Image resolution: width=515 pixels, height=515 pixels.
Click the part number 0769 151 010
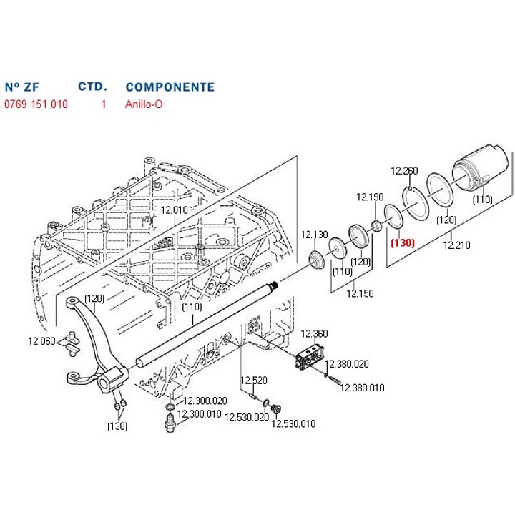pos(36,104)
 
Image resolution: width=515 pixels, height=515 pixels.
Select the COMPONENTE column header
pos(170,87)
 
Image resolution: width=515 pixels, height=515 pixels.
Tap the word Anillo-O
pos(144,104)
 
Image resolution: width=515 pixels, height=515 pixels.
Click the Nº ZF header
pos(21,87)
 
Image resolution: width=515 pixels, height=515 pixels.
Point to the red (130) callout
pos(402,242)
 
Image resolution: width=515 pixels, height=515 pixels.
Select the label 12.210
pos(456,245)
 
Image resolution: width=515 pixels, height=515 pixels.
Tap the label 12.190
pos(371,197)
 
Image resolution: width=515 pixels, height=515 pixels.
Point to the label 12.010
pos(173,210)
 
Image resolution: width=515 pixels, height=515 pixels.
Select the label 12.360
pos(313,333)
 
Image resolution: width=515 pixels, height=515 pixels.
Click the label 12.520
pos(253,380)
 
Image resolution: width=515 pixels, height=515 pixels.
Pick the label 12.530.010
pos(293,424)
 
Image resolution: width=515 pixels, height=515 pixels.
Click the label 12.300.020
pos(206,401)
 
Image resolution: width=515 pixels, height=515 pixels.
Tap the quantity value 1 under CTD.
pos(103,104)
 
